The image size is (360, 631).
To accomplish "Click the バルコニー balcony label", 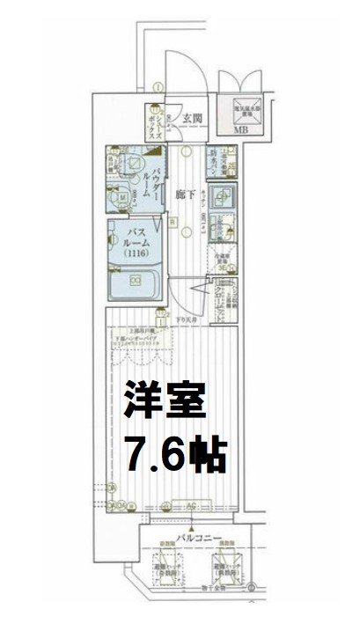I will click(187, 535).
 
